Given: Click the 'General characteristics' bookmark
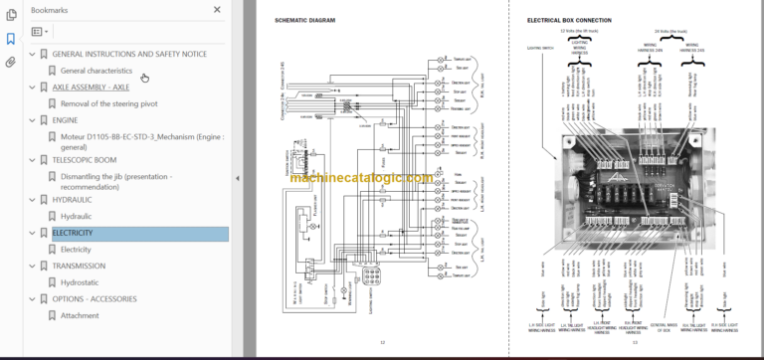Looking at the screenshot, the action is click(x=95, y=71).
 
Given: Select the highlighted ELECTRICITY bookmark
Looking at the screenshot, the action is click(x=72, y=234).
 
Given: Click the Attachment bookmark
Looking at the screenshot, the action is click(x=80, y=315).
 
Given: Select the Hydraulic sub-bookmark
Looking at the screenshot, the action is click(x=76, y=216).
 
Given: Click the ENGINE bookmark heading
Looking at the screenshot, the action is click(x=65, y=119).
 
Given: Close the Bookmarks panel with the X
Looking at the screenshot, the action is click(x=218, y=9).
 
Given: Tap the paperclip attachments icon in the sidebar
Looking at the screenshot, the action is click(x=10, y=62).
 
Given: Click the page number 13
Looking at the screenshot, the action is click(x=633, y=343).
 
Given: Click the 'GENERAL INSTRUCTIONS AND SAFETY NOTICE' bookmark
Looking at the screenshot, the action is click(x=128, y=54).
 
